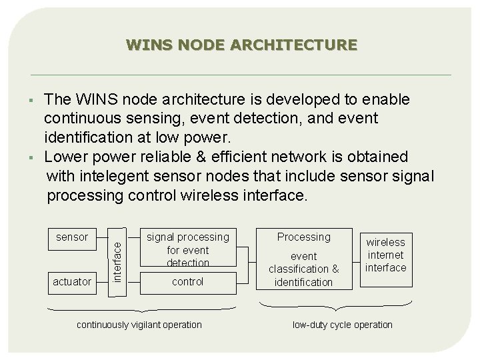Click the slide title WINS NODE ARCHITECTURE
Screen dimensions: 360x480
[241, 45]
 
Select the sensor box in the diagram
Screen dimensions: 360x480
[71, 237]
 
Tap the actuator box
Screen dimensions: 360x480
[71, 281]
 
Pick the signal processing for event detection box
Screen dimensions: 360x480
[187, 249]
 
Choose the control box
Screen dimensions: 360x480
[187, 281]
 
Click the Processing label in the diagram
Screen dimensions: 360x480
[303, 237]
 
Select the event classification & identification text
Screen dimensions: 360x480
[303, 269]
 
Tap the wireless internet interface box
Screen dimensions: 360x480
[386, 254]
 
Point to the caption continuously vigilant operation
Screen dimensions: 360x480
[139, 325]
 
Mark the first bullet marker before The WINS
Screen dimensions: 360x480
[31, 101]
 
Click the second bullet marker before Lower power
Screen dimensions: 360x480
[31, 157]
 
